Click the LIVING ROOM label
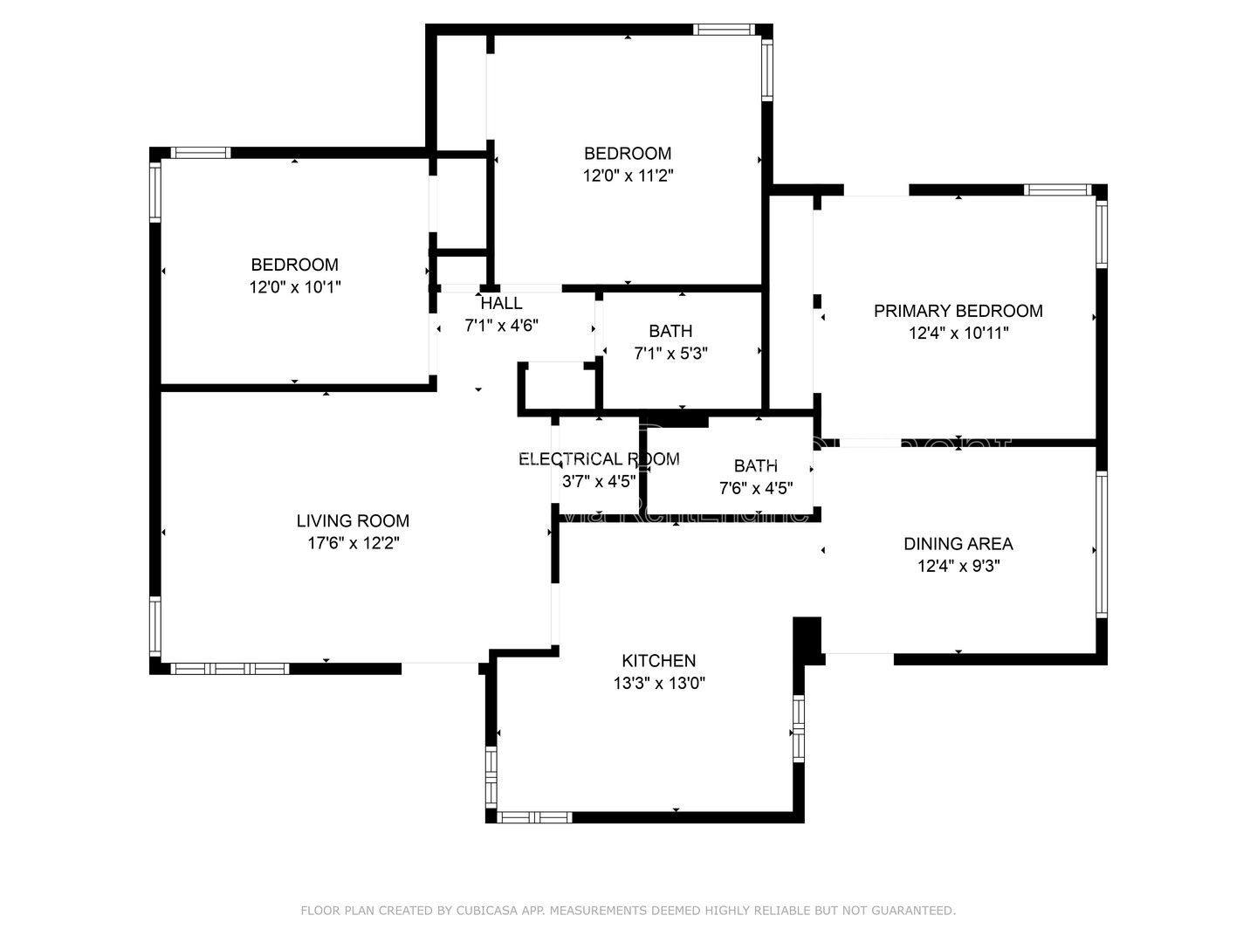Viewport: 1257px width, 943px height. [353, 521]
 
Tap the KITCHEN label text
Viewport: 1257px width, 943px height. [658, 661]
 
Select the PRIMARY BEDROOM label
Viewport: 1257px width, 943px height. [958, 311]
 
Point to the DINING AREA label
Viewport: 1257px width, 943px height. [958, 544]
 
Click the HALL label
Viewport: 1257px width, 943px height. [501, 303]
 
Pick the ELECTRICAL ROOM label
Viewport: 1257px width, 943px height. [598, 459]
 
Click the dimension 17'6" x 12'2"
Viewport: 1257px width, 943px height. [353, 543]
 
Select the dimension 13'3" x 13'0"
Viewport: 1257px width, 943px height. [658, 683]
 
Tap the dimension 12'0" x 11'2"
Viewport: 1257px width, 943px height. [628, 176]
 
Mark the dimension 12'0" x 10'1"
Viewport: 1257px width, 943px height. [294, 286]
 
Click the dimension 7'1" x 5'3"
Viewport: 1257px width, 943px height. [670, 353]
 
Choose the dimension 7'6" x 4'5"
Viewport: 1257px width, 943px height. [755, 488]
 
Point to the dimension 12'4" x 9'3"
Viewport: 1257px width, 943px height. [958, 566]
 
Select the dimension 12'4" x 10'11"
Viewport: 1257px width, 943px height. [958, 333]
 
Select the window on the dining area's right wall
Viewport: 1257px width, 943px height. [1102, 545]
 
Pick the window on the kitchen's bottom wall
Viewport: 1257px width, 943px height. [533, 817]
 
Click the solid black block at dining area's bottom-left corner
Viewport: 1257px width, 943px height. [808, 640]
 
